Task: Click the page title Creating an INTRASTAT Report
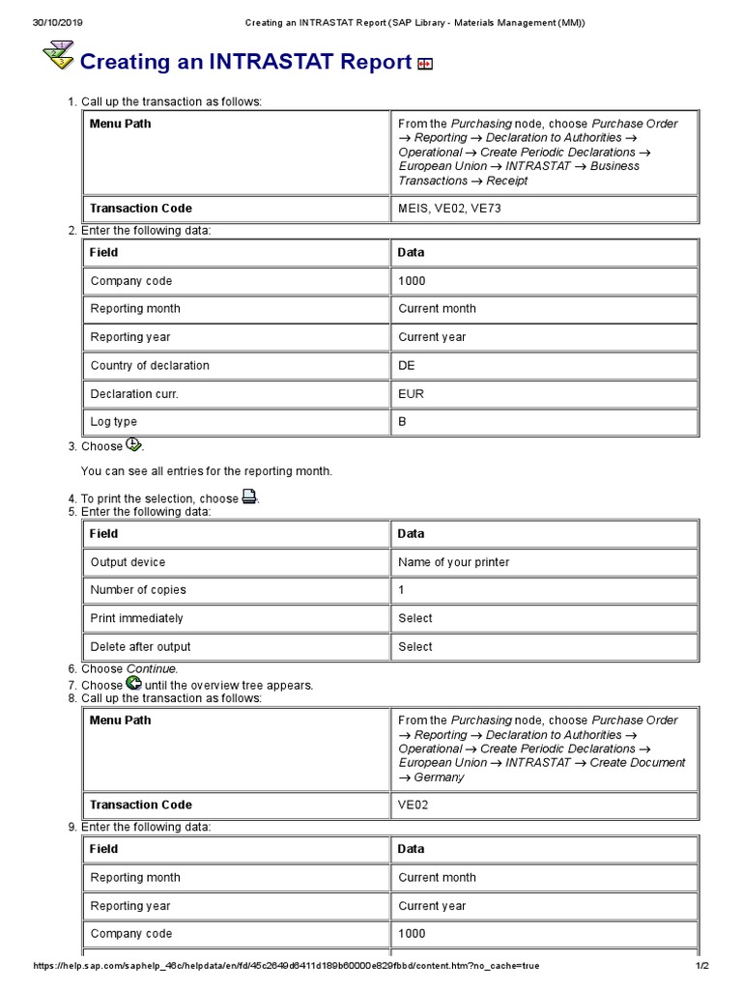coord(245,62)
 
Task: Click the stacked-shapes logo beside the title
coord(59,57)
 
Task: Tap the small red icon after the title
coord(425,64)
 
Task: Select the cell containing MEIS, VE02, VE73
coord(449,209)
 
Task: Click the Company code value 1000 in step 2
coord(412,281)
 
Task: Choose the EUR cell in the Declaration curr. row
coord(411,394)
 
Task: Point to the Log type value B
coord(403,422)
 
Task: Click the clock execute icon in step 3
coord(133,445)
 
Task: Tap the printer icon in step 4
coord(249,497)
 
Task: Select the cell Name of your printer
coord(453,562)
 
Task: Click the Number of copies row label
coord(138,590)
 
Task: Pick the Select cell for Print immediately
coord(415,618)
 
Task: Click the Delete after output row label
coord(140,647)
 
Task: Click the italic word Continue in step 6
coord(152,669)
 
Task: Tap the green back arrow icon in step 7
coord(133,683)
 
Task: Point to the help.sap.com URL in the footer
coord(286,966)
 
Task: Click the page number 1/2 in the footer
coord(702,966)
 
